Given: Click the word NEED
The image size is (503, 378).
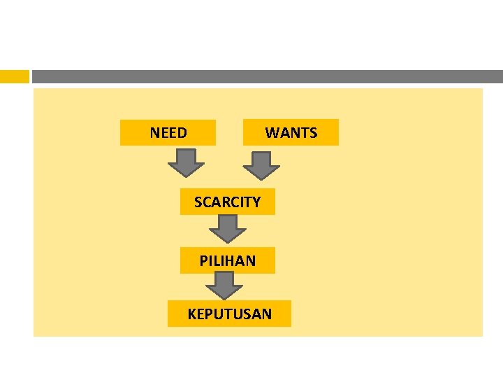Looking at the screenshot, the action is pyautogui.click(x=168, y=133).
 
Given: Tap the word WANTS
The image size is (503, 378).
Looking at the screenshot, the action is pyautogui.click(x=291, y=133).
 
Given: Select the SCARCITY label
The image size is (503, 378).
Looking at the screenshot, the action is pyautogui.click(x=227, y=202).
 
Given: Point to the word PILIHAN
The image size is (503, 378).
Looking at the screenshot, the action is pyautogui.click(x=227, y=261).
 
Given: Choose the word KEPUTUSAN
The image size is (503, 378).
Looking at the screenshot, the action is pyautogui.click(x=229, y=314).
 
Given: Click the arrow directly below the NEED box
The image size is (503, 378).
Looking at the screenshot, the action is pyautogui.click(x=186, y=164).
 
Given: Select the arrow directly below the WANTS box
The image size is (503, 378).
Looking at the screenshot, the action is pyautogui.click(x=261, y=167).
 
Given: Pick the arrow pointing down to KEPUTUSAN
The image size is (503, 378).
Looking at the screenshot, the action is pyautogui.click(x=224, y=285).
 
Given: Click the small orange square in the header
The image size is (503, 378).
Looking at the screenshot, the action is pyautogui.click(x=15, y=76).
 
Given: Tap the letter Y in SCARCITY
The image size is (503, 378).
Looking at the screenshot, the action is pyautogui.click(x=256, y=202).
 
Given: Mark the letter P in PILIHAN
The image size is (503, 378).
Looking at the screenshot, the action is pyautogui.click(x=203, y=261).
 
